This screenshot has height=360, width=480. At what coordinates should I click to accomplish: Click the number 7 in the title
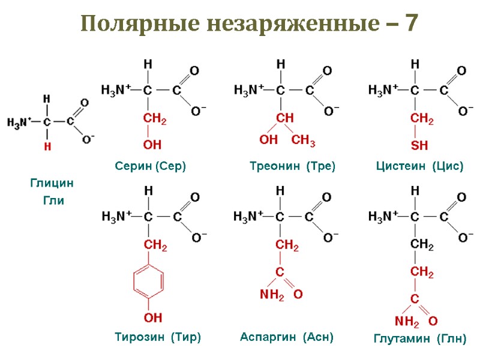point(412,25)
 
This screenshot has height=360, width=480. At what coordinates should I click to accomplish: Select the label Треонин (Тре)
point(292,166)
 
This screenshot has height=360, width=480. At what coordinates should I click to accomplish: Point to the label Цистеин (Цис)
point(420,166)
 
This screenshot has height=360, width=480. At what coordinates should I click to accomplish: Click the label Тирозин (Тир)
point(158,337)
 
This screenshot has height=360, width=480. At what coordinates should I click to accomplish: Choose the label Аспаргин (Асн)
point(286,337)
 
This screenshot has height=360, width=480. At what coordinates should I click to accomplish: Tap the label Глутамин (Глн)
point(419,339)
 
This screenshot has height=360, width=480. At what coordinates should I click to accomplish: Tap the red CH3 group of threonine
point(304,142)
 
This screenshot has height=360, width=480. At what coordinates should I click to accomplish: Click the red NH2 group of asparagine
point(271,295)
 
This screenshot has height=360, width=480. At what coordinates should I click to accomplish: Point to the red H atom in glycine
point(46,146)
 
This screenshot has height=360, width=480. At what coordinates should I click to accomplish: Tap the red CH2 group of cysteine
point(421,119)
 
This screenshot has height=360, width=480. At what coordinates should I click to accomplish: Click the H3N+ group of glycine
point(19,122)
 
